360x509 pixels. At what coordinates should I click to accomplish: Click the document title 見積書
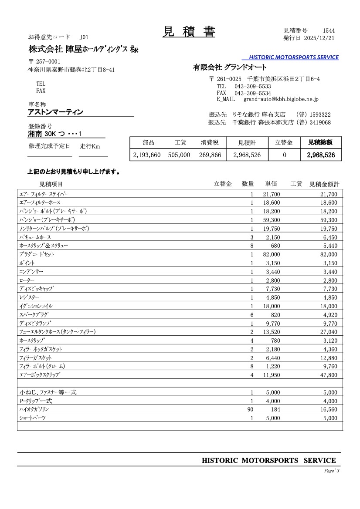pyautogui.click(x=189, y=32)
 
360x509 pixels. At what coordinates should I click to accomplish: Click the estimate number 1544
pyautogui.click(x=329, y=30)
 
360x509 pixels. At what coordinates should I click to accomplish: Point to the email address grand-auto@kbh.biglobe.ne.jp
pyautogui.click(x=281, y=99)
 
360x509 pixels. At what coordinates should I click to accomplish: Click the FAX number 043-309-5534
pyautogui.click(x=253, y=93)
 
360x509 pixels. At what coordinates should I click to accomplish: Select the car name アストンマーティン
pyautogui.click(x=55, y=112)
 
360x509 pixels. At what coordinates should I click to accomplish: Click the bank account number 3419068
pyautogui.click(x=320, y=122)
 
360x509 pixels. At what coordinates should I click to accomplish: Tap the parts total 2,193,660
pyautogui.click(x=147, y=155)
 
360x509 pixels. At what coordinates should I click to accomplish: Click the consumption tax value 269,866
pyautogui.click(x=210, y=155)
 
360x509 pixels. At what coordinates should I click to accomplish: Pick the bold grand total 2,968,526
pyautogui.click(x=321, y=155)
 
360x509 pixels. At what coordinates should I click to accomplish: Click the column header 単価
pyautogui.click(x=271, y=184)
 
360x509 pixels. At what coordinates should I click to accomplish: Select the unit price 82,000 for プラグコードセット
pyautogui.click(x=272, y=254)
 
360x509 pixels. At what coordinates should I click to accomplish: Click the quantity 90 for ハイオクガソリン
pyautogui.click(x=250, y=410)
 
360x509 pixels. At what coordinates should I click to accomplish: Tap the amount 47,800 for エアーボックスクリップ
pyautogui.click(x=328, y=375)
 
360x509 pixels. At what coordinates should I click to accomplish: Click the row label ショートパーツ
pyautogui.click(x=32, y=418)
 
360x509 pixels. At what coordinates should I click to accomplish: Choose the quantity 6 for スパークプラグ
pyautogui.click(x=251, y=315)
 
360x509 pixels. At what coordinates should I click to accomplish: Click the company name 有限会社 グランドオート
pyautogui.click(x=230, y=67)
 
